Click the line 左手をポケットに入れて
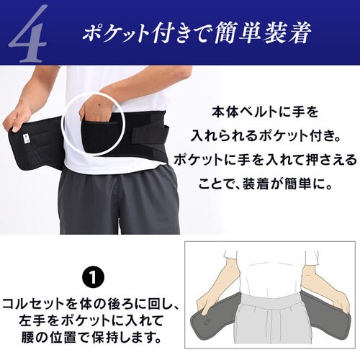pos(91,319)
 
